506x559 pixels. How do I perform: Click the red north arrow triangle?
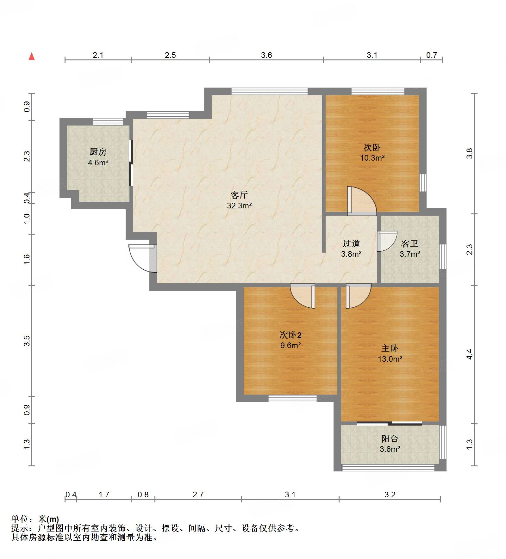(32, 56)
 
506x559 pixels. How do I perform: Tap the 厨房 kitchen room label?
(98, 152)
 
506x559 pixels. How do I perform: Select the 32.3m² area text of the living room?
(239, 206)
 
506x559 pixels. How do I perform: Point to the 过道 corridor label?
(351, 243)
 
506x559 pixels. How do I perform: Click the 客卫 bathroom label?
(410, 243)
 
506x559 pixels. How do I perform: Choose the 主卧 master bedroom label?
(390, 348)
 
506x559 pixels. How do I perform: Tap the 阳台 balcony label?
(390, 439)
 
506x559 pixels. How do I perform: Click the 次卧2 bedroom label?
(290, 335)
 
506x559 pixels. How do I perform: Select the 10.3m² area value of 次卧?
(372, 158)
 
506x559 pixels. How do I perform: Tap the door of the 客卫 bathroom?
(387, 241)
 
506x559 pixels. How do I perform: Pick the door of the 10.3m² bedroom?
(362, 201)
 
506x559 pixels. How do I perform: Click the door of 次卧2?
(303, 296)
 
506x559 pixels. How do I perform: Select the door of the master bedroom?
(358, 296)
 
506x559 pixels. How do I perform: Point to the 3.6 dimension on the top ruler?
(266, 55)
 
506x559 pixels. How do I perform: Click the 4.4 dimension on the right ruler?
(470, 354)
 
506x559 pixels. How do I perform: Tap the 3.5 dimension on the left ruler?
(27, 341)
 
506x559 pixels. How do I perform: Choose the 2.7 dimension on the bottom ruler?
(198, 494)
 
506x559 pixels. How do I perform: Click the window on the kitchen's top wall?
(108, 122)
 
